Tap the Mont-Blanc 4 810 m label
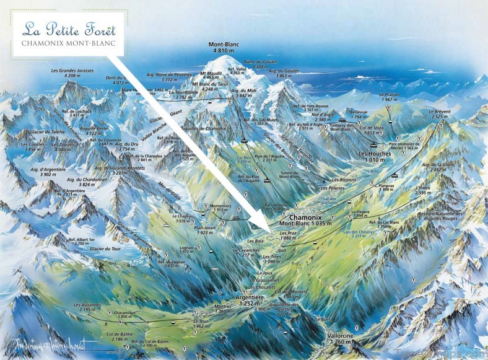pyautogui.click(x=224, y=48)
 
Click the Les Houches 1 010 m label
pyautogui.click(x=372, y=156)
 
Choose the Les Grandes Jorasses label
pyautogui.click(x=73, y=73)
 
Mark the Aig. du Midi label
pyautogui.click(x=243, y=93)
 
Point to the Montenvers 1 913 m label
pyautogui.click(x=216, y=208)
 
